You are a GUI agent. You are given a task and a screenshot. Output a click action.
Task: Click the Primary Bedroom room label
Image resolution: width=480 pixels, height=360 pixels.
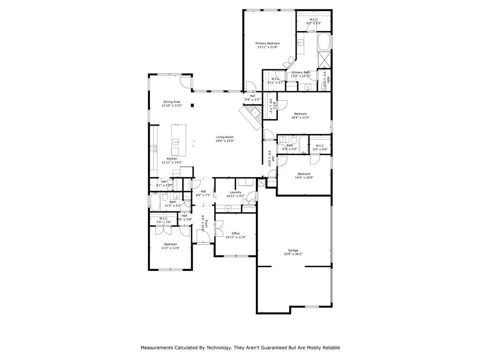click(267, 43)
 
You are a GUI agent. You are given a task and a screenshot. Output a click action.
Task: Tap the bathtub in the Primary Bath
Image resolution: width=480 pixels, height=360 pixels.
click(324, 42)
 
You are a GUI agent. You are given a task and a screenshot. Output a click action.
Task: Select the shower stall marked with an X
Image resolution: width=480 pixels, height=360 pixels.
click(324, 60)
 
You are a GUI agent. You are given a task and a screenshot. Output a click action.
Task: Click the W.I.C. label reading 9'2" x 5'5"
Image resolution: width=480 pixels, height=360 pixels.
click(314, 19)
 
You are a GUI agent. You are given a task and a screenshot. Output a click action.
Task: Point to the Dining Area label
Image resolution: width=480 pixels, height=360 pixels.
click(172, 102)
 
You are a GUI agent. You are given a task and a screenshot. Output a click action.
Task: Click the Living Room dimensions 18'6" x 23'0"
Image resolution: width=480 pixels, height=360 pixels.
click(225, 141)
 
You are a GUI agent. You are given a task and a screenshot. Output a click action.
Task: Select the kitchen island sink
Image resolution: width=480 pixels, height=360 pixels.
click(177, 141)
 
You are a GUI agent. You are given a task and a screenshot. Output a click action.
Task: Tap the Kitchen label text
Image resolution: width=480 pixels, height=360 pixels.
click(172, 158)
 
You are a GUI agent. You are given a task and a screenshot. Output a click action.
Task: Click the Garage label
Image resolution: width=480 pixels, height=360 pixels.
click(293, 250)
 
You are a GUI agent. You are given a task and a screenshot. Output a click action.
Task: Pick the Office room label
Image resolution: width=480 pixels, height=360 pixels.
click(235, 233)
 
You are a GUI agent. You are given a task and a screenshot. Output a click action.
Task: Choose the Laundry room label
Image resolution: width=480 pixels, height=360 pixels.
click(235, 192)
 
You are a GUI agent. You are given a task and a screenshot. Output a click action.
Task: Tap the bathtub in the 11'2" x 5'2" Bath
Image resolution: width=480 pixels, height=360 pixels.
click(155, 202)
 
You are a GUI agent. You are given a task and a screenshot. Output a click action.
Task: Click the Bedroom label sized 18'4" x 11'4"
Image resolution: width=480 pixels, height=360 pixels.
click(300, 114)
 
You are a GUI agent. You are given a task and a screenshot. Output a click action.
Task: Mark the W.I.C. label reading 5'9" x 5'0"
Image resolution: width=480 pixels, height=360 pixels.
click(320, 145)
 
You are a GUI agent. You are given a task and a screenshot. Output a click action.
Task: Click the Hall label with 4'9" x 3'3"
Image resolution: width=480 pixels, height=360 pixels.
click(252, 96)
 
